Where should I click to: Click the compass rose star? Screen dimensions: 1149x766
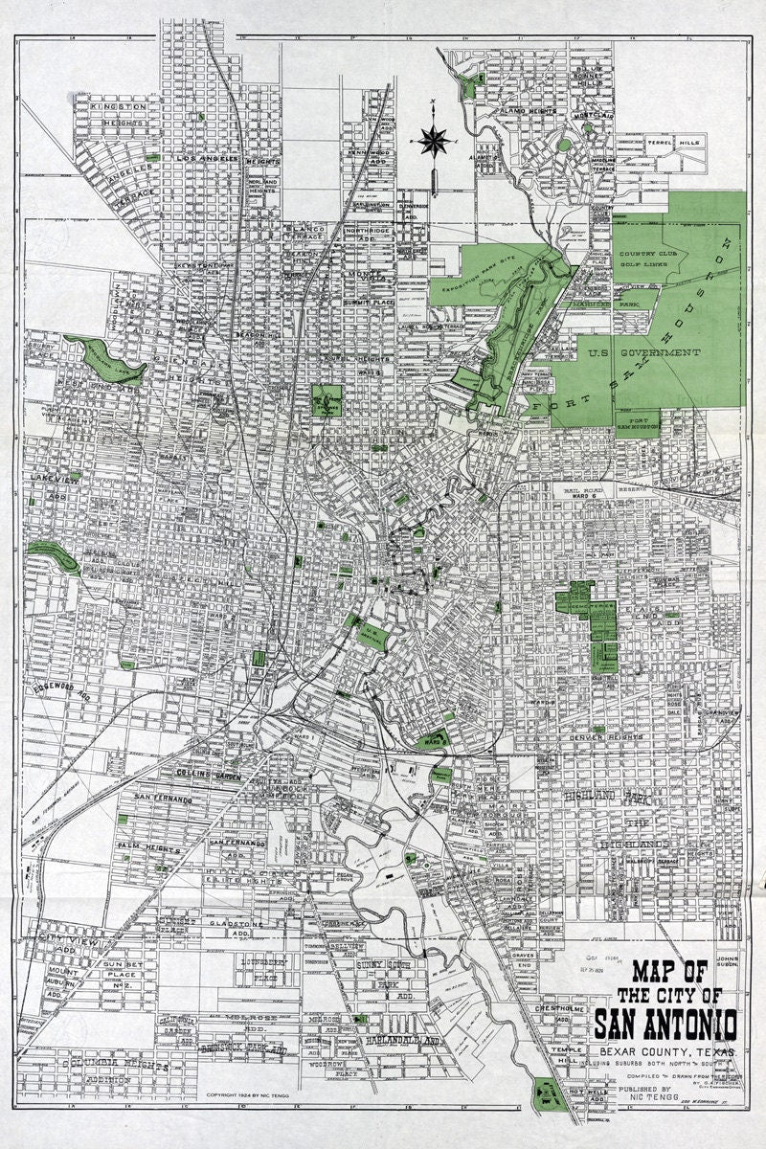pyautogui.click(x=436, y=140)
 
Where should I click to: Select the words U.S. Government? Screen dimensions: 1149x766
pyautogui.click(x=656, y=353)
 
